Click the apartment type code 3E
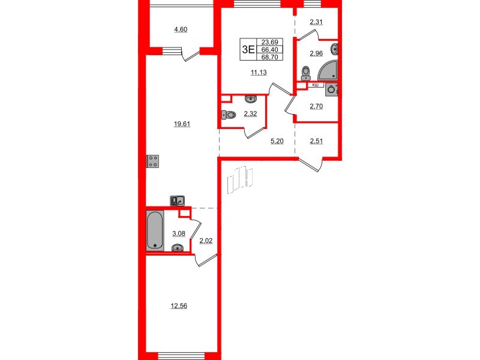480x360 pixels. (247, 50)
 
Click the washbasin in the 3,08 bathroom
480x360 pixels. (178, 248)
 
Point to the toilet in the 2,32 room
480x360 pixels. (229, 116)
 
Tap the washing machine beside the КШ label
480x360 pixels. (332, 90)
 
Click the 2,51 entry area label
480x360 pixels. (316, 142)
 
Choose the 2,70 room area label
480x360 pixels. (316, 107)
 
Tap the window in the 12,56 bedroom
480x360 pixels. (178, 355)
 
